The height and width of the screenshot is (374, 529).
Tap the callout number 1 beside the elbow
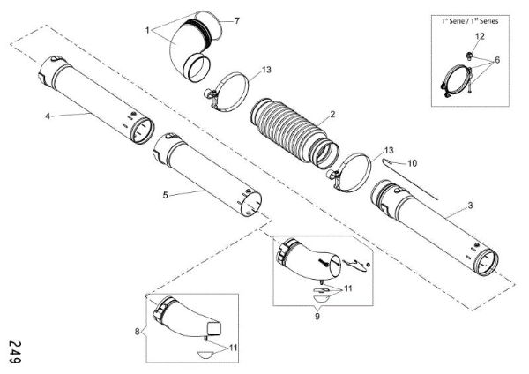click(147, 30)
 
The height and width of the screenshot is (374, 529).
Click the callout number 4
click(47, 115)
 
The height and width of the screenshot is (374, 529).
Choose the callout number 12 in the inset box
click(481, 35)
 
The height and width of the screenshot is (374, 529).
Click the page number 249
click(16, 351)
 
